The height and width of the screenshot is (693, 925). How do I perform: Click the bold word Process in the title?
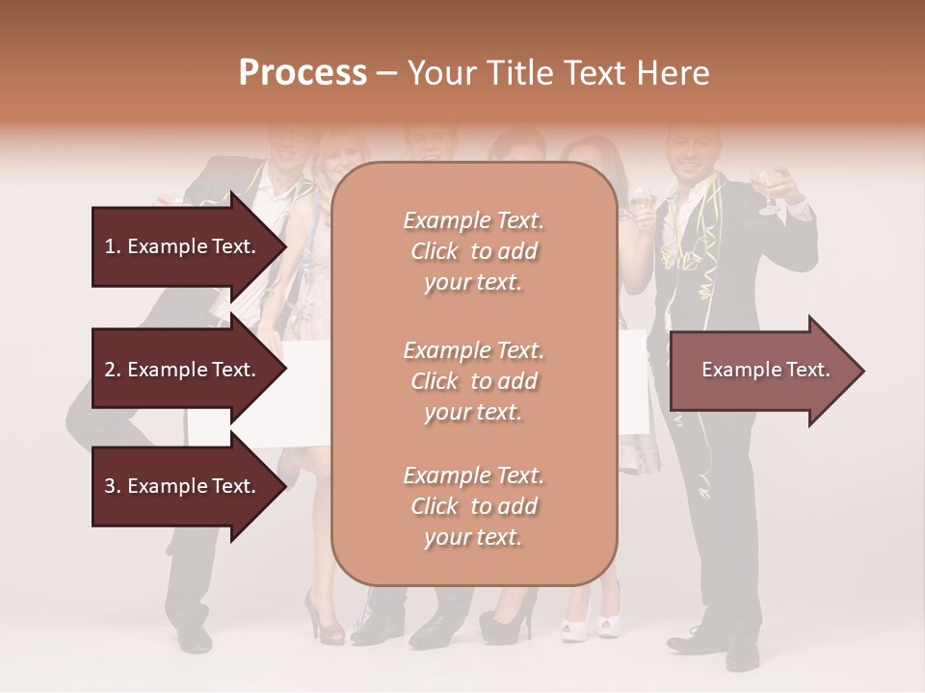click(303, 73)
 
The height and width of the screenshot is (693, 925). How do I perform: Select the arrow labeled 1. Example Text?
click(183, 246)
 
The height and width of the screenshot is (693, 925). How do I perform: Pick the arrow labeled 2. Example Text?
click(183, 370)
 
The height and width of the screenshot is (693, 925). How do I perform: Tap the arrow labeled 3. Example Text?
click(183, 486)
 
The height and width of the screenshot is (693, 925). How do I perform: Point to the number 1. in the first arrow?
click(112, 246)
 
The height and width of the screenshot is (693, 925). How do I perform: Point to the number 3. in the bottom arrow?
click(112, 486)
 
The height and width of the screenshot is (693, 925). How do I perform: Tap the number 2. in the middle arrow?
click(112, 370)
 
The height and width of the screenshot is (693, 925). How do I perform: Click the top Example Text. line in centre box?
click(474, 220)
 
